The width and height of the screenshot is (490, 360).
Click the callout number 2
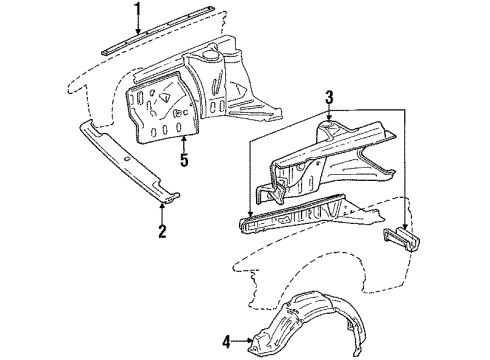click(x=162, y=262)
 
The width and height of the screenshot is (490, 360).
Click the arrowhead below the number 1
click(x=138, y=34)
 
